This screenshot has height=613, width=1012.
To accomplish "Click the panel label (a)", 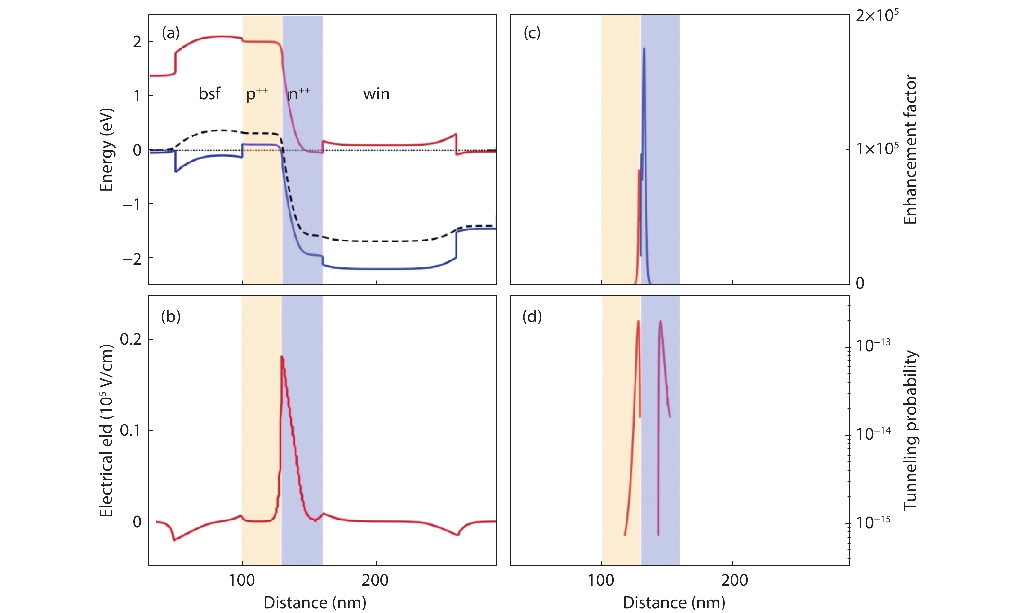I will (x=171, y=33).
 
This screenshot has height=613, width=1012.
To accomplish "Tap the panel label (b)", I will (x=171, y=317).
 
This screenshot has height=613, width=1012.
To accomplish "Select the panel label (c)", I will (x=532, y=33).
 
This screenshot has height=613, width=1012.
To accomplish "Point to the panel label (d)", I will (x=532, y=317).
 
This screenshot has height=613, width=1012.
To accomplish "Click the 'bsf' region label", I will (x=209, y=94).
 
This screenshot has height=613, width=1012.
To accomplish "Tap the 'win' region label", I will (x=376, y=94).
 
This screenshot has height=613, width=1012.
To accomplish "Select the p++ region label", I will (x=257, y=94).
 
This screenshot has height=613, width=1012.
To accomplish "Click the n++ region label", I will (x=299, y=94).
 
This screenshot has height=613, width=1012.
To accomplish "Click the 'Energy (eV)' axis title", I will (x=106, y=150).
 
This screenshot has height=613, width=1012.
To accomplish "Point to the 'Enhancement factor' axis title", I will (x=910, y=150).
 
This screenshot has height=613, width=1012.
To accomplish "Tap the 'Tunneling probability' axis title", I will (x=910, y=430).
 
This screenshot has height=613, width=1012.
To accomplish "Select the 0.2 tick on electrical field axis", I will (x=131, y=339).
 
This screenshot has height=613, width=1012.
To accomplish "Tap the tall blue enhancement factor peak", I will (x=644, y=49).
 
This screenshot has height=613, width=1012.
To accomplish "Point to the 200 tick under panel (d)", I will (x=734, y=581).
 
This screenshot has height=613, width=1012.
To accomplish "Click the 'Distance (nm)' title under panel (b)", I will (x=315, y=602).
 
